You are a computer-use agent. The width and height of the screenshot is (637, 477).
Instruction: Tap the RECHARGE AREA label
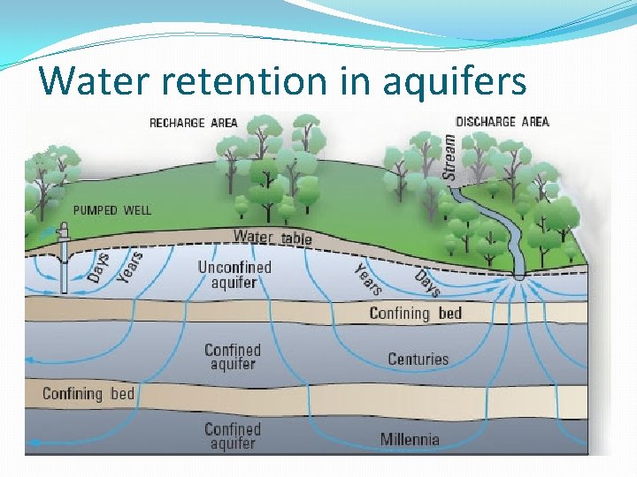click(x=193, y=123)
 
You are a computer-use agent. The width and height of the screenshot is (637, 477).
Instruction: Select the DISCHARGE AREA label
click(x=502, y=122)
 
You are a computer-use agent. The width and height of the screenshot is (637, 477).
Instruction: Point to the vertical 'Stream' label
click(x=450, y=157)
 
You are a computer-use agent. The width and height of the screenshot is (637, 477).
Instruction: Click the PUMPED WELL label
click(x=111, y=210)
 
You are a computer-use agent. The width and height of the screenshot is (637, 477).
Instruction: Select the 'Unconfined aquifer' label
click(x=234, y=275)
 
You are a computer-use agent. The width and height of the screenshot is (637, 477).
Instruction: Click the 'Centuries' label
click(x=418, y=360)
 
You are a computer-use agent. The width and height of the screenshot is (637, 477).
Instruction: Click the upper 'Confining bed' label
click(x=416, y=313)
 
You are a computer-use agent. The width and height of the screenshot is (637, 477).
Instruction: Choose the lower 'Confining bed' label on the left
click(x=88, y=393)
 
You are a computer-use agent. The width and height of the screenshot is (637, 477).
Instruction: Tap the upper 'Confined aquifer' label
click(x=233, y=357)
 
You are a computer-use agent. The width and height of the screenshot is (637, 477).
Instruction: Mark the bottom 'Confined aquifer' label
click(x=233, y=435)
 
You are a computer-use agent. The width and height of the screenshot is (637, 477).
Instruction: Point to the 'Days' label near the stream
click(x=427, y=283)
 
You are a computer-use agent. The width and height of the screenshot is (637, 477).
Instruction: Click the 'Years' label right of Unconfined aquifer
click(x=368, y=279)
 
